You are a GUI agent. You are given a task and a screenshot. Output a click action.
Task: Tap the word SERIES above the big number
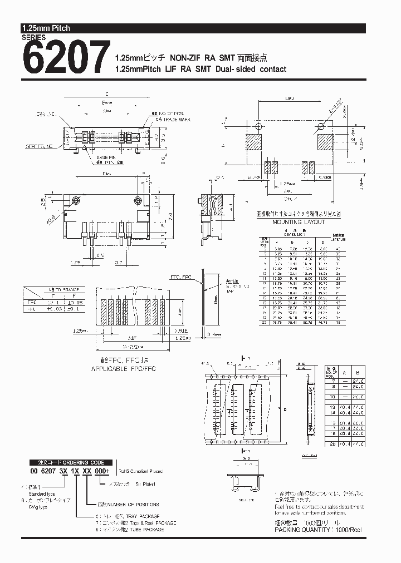click(33, 37)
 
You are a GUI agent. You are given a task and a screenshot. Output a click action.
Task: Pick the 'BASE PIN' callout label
click(106, 157)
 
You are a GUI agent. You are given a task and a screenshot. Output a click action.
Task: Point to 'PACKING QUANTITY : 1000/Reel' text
click(318, 530)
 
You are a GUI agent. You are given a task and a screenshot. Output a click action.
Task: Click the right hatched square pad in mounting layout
click(326, 142)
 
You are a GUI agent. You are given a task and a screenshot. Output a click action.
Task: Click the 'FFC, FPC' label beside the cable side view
click(179, 276)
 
